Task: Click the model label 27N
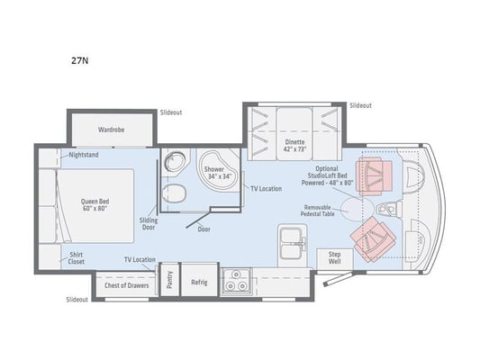(80, 60)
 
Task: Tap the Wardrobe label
(111, 130)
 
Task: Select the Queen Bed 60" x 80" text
(95, 205)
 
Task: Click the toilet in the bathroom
(174, 193)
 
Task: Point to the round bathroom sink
(175, 161)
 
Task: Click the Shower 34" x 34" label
(218, 173)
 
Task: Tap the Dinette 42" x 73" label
(294, 146)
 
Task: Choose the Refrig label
(199, 283)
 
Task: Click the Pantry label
(170, 280)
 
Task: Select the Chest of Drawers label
(126, 285)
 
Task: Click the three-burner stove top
(236, 282)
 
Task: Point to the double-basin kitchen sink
(292, 244)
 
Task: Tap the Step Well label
(335, 257)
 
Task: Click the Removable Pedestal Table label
(317, 211)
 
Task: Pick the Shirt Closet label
(76, 258)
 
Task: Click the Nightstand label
(84, 155)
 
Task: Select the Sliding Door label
(149, 223)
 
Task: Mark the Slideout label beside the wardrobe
(171, 112)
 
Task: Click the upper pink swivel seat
(374, 176)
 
